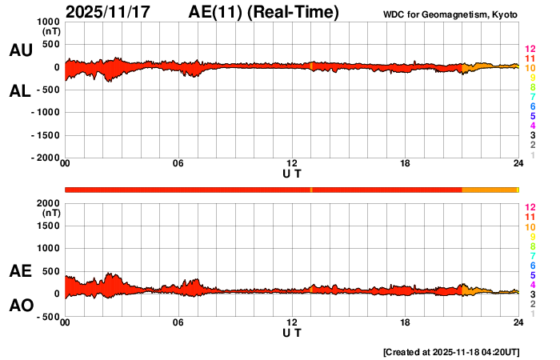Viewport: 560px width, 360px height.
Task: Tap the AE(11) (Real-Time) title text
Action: click(264, 12)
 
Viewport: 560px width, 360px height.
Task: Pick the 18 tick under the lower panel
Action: click(405, 322)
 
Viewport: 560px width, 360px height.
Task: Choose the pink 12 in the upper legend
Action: click(530, 50)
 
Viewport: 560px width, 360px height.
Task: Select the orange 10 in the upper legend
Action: click(530, 68)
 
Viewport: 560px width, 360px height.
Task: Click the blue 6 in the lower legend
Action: click(532, 265)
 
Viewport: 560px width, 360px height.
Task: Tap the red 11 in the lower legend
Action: click(530, 217)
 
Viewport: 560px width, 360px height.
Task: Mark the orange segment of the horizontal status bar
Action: click(490, 190)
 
